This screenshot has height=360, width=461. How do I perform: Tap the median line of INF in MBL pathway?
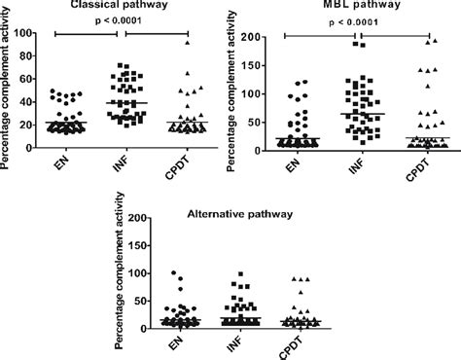pyautogui.click(x=347, y=114)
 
